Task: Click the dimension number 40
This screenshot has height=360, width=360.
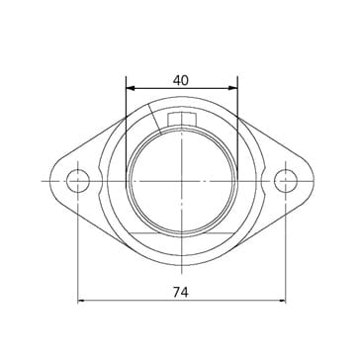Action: (x=181, y=80)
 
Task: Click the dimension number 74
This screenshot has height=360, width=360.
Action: (x=181, y=292)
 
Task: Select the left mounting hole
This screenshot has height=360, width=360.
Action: (x=78, y=181)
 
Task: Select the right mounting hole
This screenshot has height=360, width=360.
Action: (x=286, y=181)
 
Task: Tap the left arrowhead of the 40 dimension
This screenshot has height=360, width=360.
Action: (x=131, y=88)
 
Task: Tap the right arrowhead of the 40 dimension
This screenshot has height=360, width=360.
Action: (x=233, y=88)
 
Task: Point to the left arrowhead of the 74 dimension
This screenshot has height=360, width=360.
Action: (x=82, y=301)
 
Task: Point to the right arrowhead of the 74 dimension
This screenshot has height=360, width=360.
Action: (x=282, y=301)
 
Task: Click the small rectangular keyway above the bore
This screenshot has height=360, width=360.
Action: (x=182, y=120)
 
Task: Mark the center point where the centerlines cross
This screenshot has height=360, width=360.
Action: (x=182, y=181)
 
